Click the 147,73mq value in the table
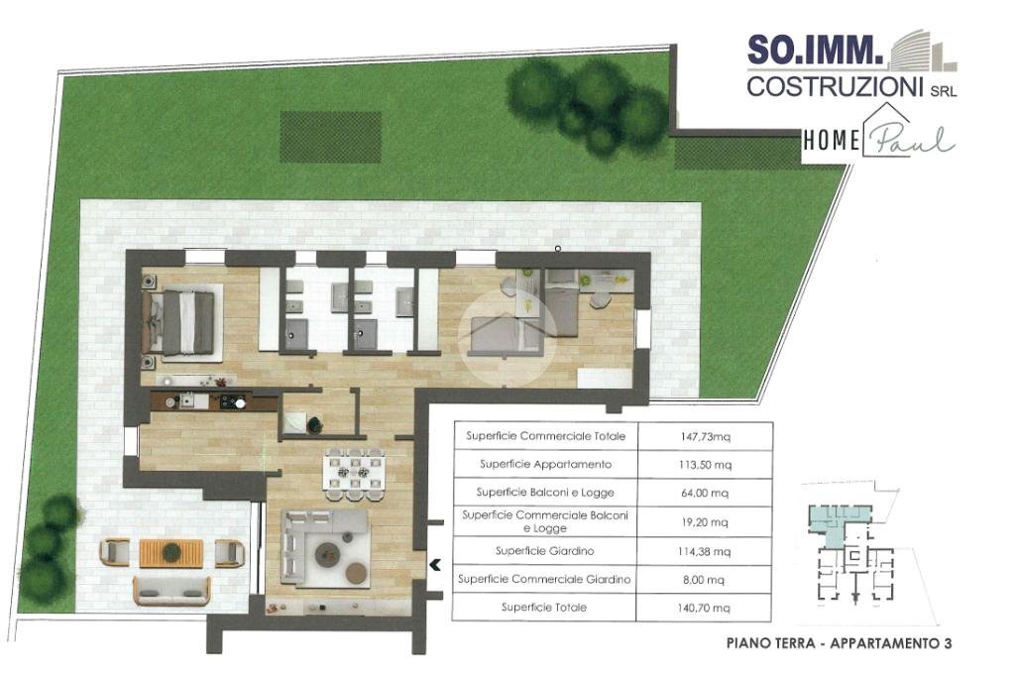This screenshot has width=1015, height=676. (x=705, y=436)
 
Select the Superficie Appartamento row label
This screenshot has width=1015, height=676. (x=545, y=464)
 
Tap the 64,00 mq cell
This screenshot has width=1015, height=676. (x=705, y=493)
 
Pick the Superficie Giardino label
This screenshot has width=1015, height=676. (x=544, y=551)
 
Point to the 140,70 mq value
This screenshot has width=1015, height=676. (x=705, y=608)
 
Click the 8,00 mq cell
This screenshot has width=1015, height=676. (x=704, y=580)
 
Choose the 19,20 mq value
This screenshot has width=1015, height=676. (x=705, y=522)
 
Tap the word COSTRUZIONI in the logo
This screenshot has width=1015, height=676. (x=835, y=87)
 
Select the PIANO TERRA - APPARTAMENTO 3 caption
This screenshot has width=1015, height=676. (x=839, y=643)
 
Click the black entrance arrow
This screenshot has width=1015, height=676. (x=435, y=565)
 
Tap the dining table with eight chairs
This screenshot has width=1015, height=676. (x=354, y=474)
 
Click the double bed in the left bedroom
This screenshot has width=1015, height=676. (x=185, y=322)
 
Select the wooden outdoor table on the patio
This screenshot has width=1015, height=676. (x=171, y=553)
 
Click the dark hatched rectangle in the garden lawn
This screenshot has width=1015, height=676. (x=330, y=137)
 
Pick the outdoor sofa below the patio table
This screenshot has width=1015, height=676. (x=172, y=591)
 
